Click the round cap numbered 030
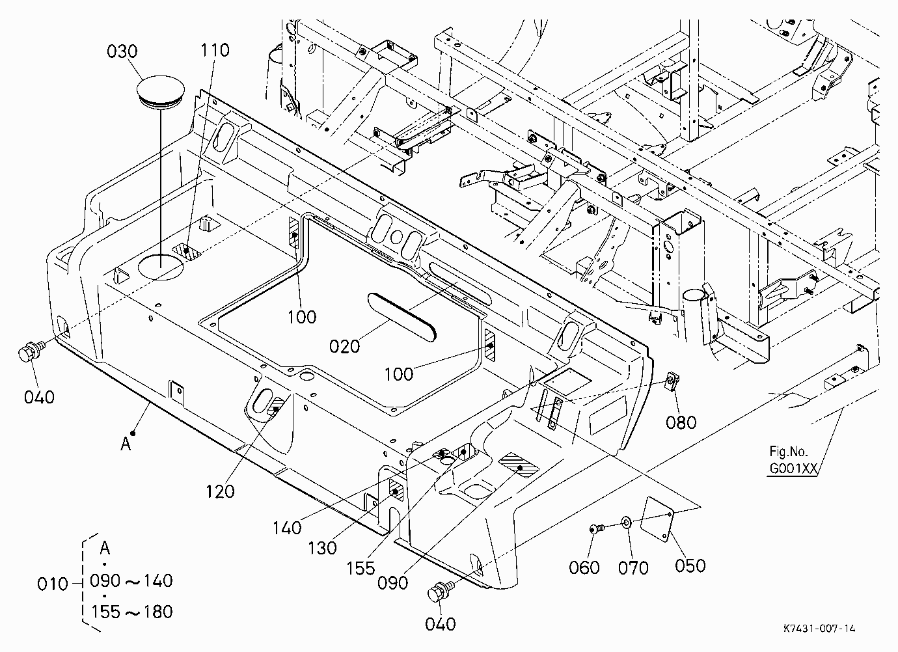(161, 92)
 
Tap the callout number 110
(215, 51)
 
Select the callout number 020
(344, 346)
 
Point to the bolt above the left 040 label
(31, 351)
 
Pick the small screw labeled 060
(595, 529)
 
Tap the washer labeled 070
(626, 523)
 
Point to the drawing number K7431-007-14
(819, 629)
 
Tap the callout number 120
(220, 492)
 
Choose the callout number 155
(361, 568)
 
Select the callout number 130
(322, 548)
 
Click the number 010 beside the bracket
(53, 584)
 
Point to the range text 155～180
(132, 612)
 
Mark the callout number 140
(287, 528)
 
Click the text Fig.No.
(787, 452)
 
